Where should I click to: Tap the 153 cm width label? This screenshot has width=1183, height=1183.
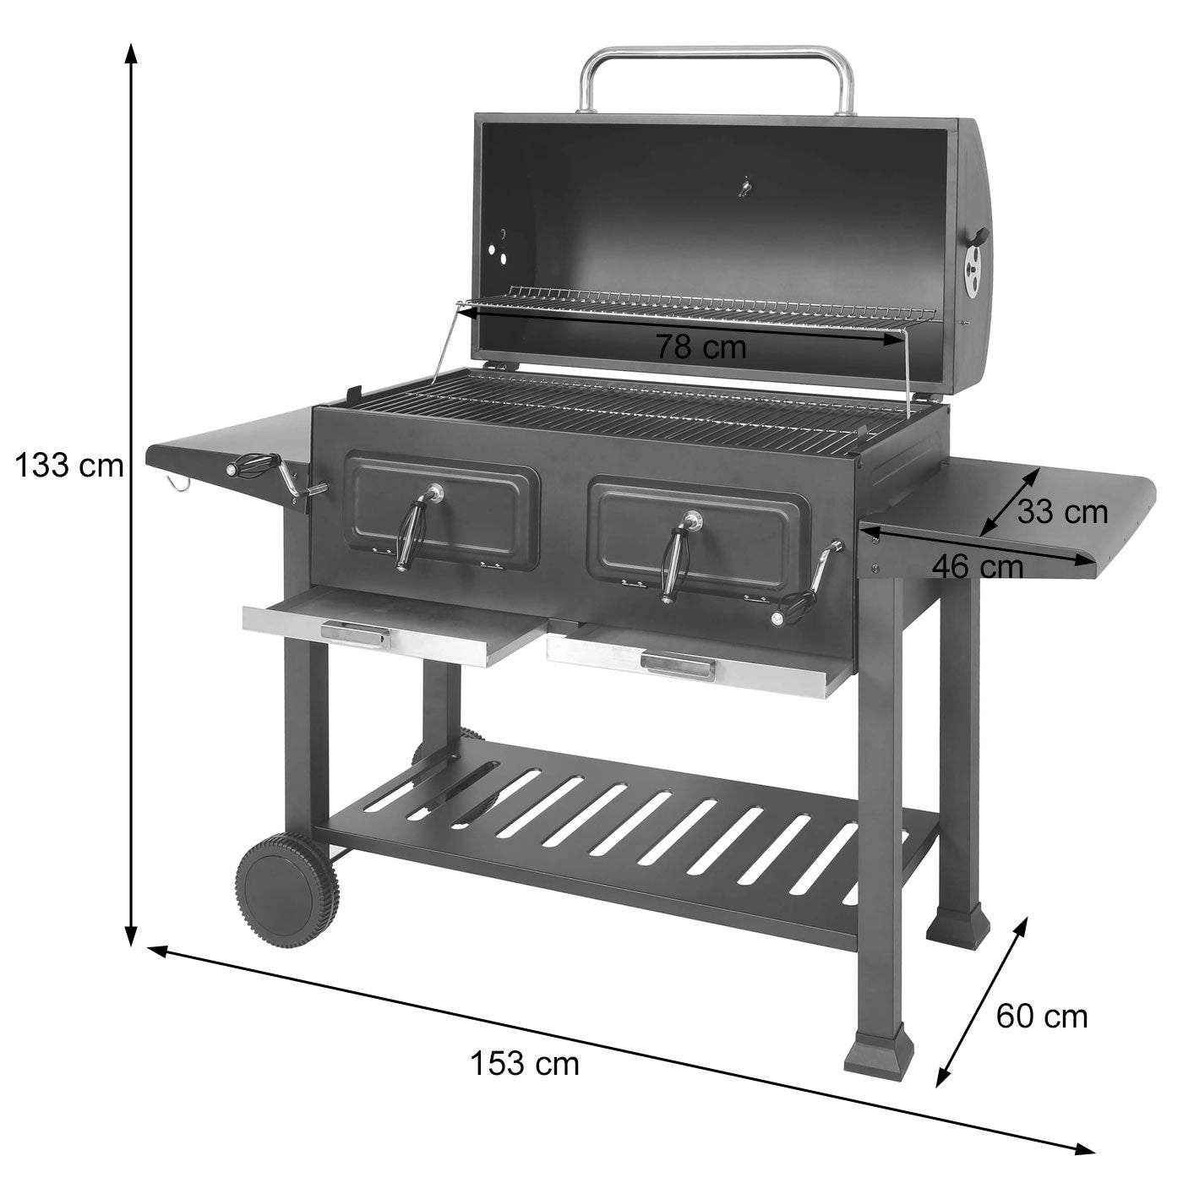point(525,1063)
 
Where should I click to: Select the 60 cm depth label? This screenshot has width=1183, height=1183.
point(1041,1016)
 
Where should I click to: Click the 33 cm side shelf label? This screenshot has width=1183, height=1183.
point(1061,512)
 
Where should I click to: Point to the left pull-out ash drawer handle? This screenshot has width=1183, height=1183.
point(355,633)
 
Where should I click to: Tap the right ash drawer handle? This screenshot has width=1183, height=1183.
point(678,665)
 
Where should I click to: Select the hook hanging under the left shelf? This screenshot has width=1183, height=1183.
point(177,482)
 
